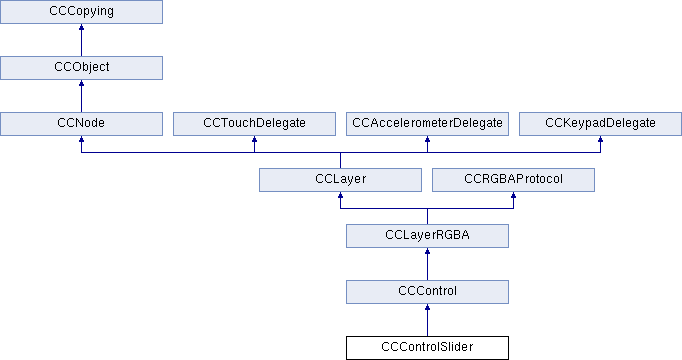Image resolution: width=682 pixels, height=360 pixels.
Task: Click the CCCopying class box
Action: pos(81,12)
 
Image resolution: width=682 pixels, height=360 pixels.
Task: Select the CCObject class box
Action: pos(81,68)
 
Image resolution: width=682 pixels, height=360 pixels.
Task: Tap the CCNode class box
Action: pos(81,124)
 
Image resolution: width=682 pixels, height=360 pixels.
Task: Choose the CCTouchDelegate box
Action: pos(254,124)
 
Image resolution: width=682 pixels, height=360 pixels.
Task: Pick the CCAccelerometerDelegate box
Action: pos(428,124)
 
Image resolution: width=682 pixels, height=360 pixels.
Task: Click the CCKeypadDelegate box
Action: pos(600,124)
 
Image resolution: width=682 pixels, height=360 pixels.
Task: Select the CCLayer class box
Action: pos(341,180)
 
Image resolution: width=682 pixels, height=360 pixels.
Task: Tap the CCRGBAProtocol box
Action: pos(513,180)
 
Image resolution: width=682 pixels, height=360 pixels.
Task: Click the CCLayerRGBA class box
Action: pos(428,236)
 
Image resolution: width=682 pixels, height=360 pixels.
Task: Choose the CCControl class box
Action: pos(428,292)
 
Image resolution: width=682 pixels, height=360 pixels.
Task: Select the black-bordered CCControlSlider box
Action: pos(428,348)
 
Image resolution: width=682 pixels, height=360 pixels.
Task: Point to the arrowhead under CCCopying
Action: pos(81,27)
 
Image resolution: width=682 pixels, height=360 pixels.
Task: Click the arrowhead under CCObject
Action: pos(81,83)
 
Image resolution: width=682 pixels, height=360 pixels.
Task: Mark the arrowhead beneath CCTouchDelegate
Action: pos(254,139)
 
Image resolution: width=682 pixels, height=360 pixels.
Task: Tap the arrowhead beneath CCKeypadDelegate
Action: pos(600,139)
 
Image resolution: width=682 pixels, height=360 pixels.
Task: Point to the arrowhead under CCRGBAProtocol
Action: pos(513,195)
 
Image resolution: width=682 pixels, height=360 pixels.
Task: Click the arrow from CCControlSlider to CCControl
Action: pos(428,320)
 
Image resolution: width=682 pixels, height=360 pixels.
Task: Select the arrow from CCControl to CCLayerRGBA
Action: pos(428,264)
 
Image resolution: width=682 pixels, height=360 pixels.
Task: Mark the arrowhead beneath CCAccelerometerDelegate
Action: pos(428,139)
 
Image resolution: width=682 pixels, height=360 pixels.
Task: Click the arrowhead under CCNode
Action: pos(81,139)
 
